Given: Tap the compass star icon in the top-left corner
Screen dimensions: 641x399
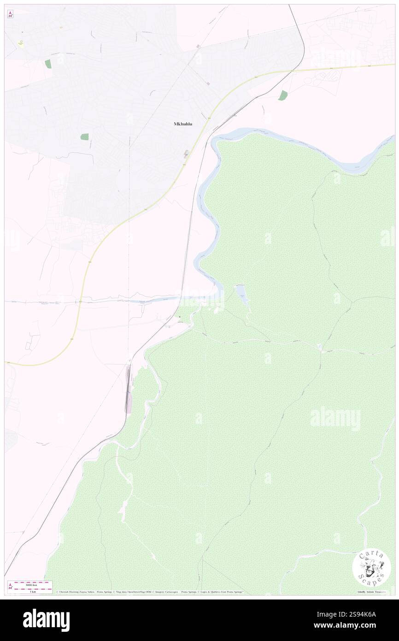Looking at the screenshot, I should pyautogui.click(x=10, y=14).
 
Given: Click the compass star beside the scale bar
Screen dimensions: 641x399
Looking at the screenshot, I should pyautogui.click(x=10, y=586).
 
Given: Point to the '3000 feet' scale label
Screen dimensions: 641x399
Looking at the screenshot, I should pyautogui.click(x=32, y=583).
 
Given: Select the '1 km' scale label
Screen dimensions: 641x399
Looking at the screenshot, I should pyautogui.click(x=33, y=592).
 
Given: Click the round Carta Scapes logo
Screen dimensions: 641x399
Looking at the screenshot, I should pyautogui.click(x=371, y=567).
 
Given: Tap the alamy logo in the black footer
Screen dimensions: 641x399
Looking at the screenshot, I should pyautogui.click(x=47, y=620).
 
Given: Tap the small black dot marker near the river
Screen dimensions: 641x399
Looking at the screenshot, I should pyautogui.click(x=179, y=317).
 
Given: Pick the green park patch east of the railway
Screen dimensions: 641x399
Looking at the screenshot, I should pyautogui.click(x=283, y=95).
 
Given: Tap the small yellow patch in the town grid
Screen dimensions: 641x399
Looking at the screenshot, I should pyautogui.click(x=21, y=43).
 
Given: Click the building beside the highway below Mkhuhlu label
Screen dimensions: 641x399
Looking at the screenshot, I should pyautogui.click(x=186, y=154).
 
